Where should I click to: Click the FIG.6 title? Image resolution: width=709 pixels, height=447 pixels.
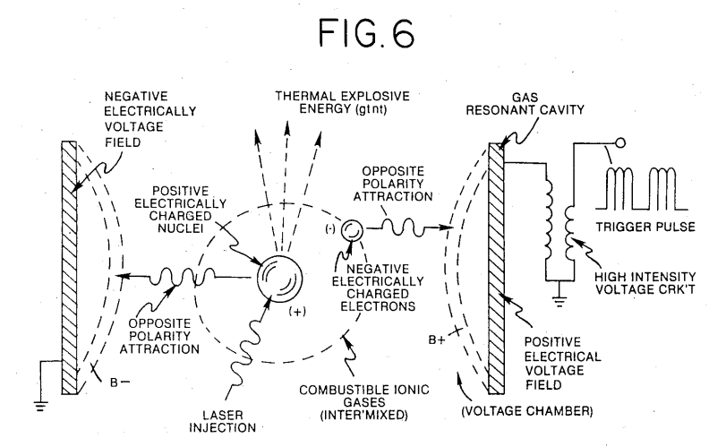coord(366,33)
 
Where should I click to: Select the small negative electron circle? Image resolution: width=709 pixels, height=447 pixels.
coord(351,231)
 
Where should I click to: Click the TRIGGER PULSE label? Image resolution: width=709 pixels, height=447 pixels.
coord(645,227)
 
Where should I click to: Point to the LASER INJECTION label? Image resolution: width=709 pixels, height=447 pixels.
coord(223,421)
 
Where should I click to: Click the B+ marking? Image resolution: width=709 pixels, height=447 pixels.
coord(437,340)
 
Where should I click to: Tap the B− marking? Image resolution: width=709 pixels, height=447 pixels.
coord(120,383)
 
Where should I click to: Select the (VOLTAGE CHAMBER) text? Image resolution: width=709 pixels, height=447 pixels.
coord(527,411)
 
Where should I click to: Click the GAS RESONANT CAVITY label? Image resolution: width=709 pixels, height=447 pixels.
coord(525,104)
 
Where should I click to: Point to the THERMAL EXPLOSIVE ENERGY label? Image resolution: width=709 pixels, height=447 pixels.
coord(343,102)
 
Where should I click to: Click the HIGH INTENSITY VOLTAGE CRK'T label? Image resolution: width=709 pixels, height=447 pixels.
coord(645,283)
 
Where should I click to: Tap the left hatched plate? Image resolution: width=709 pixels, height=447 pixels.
coord(69,267)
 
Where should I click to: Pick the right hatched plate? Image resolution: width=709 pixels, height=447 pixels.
coord(496,269)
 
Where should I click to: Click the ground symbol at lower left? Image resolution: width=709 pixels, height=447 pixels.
coord(40,406)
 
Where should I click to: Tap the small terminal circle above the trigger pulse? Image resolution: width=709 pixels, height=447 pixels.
coord(621,143)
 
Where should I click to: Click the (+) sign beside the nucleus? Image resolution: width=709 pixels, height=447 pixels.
coord(297,312)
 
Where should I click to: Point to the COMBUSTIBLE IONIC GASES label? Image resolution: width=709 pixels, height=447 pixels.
coord(364,402)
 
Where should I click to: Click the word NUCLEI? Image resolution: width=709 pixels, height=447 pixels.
coord(181,228)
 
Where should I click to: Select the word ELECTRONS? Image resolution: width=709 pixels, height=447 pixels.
coord(378,306)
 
